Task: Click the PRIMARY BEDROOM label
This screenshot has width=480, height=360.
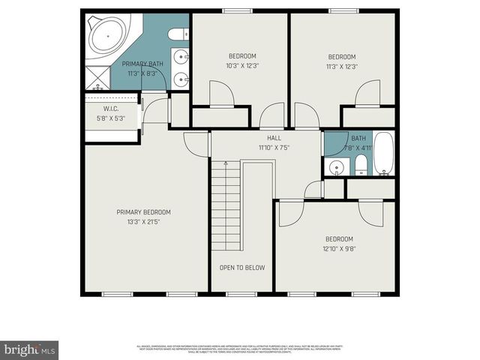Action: (x=143, y=212)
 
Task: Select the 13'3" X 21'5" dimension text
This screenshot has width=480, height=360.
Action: (x=143, y=223)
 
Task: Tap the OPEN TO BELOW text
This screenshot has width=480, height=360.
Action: (x=241, y=268)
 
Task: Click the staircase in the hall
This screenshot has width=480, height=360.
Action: (x=224, y=206)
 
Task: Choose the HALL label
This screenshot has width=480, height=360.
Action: (x=274, y=138)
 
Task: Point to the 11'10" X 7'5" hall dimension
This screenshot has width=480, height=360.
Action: (x=274, y=148)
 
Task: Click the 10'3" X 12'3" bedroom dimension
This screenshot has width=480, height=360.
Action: (x=242, y=66)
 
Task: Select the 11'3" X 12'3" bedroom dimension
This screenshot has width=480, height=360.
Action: (x=342, y=66)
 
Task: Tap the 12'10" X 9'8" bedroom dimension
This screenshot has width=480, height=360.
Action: (x=339, y=249)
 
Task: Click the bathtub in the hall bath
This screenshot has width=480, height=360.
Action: (x=383, y=154)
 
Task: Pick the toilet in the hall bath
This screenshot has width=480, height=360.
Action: (x=360, y=165)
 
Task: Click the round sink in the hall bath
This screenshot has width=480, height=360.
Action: (x=335, y=166)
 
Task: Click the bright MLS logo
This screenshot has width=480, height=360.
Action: (x=30, y=349)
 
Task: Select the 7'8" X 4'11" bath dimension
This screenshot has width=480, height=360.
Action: (x=358, y=148)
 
